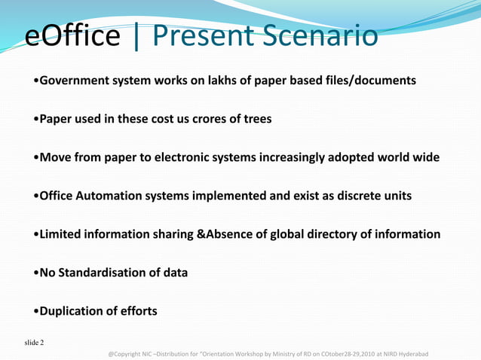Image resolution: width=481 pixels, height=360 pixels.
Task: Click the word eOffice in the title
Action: tap(74, 36)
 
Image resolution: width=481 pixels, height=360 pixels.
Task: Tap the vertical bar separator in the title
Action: tap(136, 36)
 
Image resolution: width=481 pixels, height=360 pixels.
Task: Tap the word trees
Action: tap(256, 119)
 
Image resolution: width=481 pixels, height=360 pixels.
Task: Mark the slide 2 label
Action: tap(33, 343)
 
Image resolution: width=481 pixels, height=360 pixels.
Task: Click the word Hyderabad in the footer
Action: tap(407, 352)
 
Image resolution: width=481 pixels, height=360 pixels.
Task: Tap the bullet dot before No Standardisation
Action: tap(36, 273)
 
